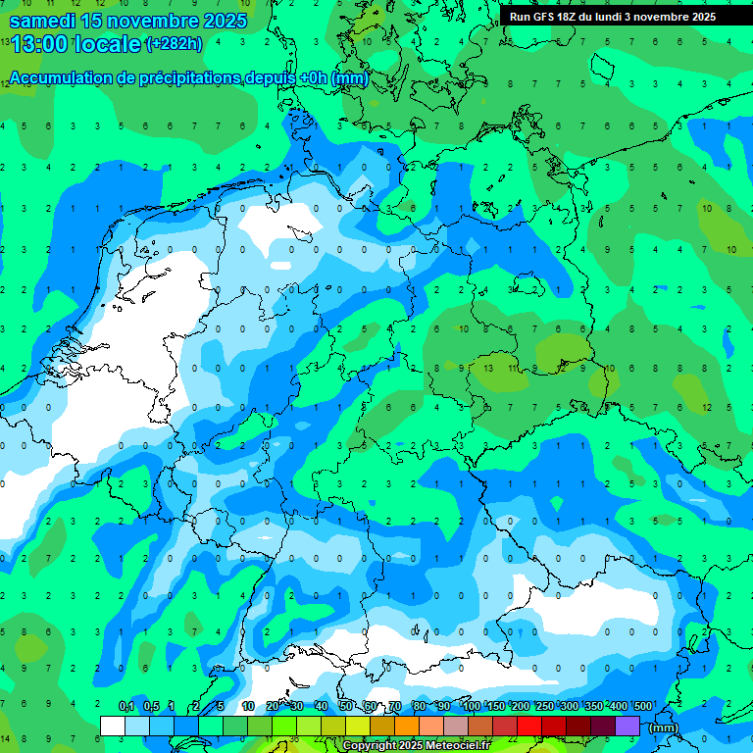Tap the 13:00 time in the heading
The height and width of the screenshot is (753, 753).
pyautogui.click(x=40, y=44)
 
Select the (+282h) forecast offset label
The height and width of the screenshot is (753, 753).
pyautogui.click(x=174, y=44)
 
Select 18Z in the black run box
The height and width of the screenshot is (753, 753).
pyautogui.click(x=569, y=17)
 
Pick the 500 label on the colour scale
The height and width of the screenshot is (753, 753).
pyautogui.click(x=643, y=707)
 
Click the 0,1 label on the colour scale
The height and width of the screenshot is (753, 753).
pyautogui.click(x=125, y=707)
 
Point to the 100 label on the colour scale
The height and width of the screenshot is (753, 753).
pyautogui.click(x=471, y=707)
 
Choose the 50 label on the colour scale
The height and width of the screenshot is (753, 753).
pyautogui.click(x=346, y=707)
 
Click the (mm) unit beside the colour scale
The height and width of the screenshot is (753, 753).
pyautogui.click(x=664, y=727)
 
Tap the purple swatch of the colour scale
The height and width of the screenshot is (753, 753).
pyautogui.click(x=627, y=726)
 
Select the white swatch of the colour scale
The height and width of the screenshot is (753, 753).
pyautogui.click(x=113, y=726)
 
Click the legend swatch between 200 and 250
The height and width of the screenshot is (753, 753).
pyautogui.click(x=529, y=726)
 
